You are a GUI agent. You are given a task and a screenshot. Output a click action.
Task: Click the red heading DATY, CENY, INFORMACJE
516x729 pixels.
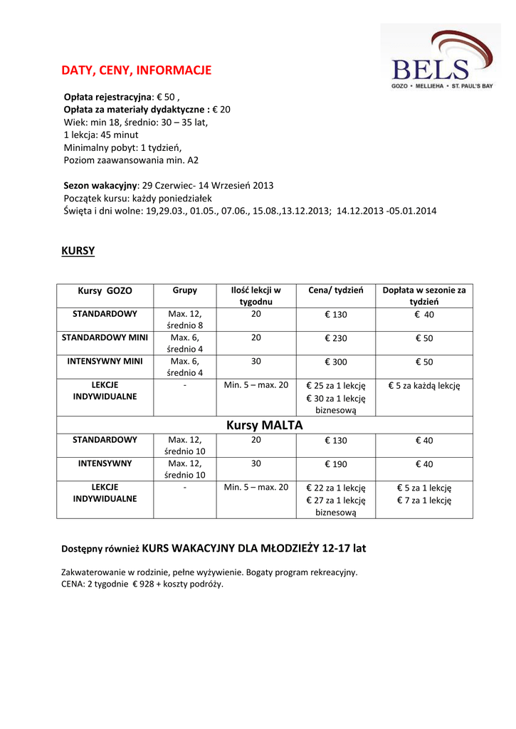click(136, 70)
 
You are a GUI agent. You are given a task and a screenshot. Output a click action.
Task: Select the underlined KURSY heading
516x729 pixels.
click(78, 251)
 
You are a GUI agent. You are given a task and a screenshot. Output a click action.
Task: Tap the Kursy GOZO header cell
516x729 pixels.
click(105, 291)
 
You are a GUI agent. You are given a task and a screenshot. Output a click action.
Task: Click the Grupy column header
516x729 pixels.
click(185, 290)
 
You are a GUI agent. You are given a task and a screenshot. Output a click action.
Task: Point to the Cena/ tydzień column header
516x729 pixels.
click(336, 290)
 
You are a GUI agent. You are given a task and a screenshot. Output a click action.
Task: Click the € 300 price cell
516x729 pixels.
click(336, 362)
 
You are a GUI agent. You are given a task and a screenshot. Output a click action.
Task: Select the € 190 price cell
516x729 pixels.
click(336, 464)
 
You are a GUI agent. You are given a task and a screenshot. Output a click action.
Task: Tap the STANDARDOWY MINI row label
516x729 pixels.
click(105, 337)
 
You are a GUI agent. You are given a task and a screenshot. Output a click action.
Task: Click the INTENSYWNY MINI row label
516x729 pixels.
click(105, 361)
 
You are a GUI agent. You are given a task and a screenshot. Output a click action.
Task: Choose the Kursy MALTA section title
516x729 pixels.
click(265, 426)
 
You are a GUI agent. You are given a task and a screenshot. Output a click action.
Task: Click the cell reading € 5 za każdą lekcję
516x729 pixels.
click(424, 386)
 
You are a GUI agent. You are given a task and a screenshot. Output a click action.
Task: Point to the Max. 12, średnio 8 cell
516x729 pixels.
click(185, 320)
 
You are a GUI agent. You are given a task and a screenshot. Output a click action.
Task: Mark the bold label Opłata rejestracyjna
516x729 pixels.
click(107, 97)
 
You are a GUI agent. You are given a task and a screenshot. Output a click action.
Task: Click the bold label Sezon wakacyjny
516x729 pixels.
click(100, 185)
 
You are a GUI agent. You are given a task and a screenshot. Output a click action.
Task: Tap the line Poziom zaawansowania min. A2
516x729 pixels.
click(131, 160)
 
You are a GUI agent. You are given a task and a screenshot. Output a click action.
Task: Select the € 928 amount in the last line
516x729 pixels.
click(143, 584)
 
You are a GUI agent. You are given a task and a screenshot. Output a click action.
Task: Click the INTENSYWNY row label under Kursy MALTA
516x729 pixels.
click(105, 463)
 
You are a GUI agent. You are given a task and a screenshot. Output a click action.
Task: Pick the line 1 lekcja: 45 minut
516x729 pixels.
click(101, 135)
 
